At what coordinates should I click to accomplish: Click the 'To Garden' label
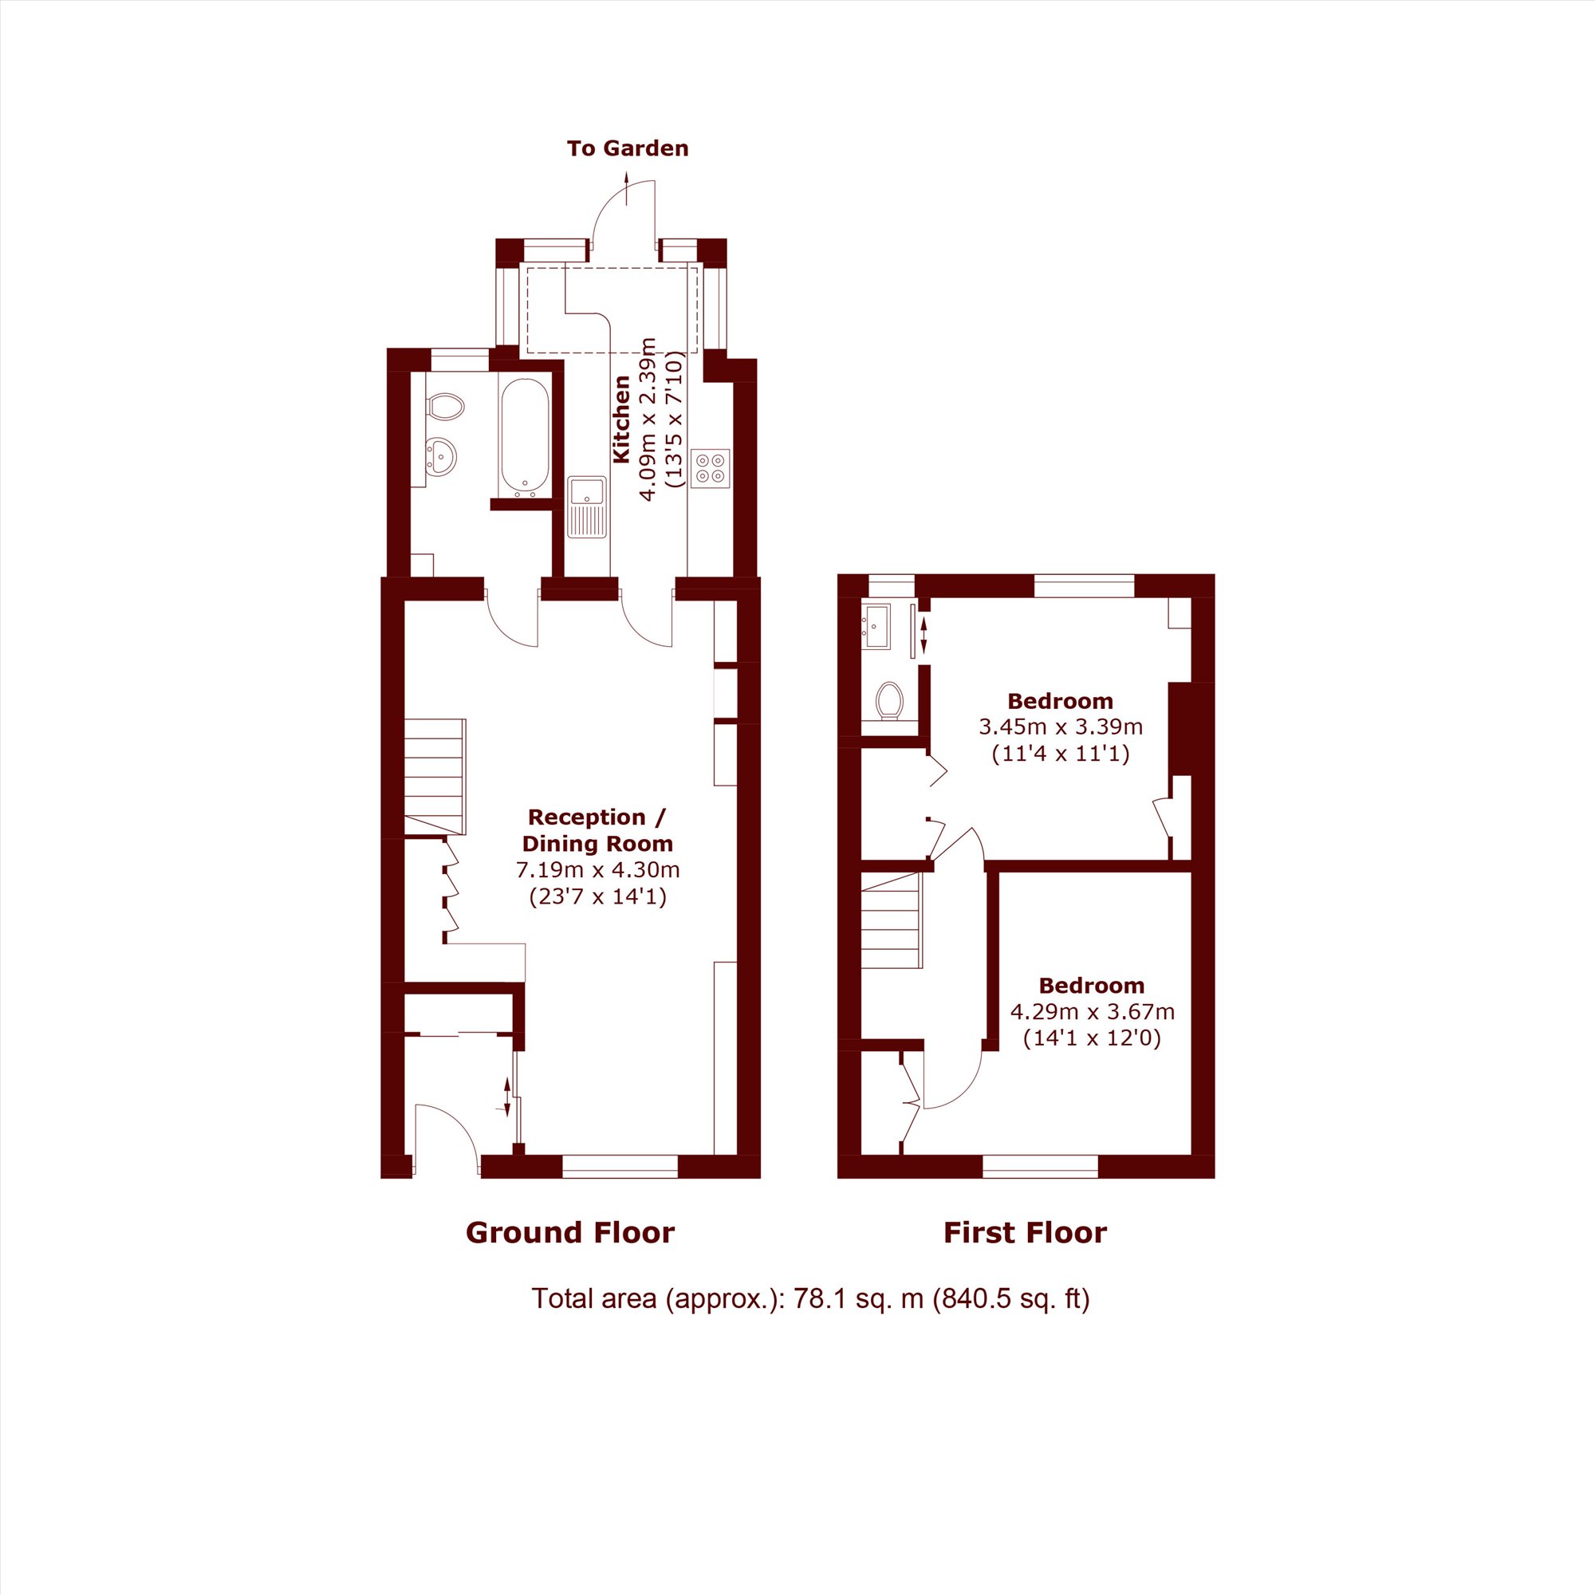pyautogui.click(x=628, y=148)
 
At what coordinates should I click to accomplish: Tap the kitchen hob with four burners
pyautogui.click(x=711, y=468)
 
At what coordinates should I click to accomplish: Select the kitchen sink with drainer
pyautogui.click(x=587, y=507)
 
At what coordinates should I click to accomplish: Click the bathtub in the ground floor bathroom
pyautogui.click(x=524, y=438)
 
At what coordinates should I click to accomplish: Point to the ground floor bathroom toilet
pyautogui.click(x=445, y=406)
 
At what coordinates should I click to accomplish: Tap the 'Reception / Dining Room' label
pyautogui.click(x=597, y=830)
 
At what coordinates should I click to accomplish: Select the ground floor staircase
pyautogui.click(x=435, y=776)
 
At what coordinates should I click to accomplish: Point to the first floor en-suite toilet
pyautogui.click(x=889, y=700)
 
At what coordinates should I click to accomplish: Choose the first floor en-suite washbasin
pyautogui.click(x=876, y=627)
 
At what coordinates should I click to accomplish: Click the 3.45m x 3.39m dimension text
pyautogui.click(x=1061, y=727)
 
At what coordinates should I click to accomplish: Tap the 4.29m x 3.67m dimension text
pyautogui.click(x=1093, y=1011)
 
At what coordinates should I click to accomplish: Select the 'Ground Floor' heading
pyautogui.click(x=570, y=1233)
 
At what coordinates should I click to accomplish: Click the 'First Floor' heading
pyautogui.click(x=1026, y=1233)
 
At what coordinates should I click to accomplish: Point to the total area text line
pyautogui.click(x=811, y=1298)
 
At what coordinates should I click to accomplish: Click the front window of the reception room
pyautogui.click(x=620, y=1165)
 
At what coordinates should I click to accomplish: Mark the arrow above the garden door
pyautogui.click(x=627, y=188)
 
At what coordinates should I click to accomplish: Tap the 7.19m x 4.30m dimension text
pyautogui.click(x=597, y=869)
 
